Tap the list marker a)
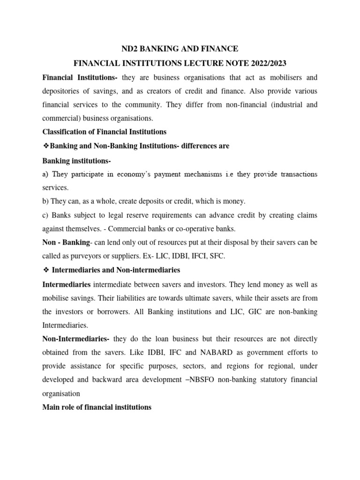tap(45, 174)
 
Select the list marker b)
tap(46, 202)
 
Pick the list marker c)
tap(45, 215)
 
